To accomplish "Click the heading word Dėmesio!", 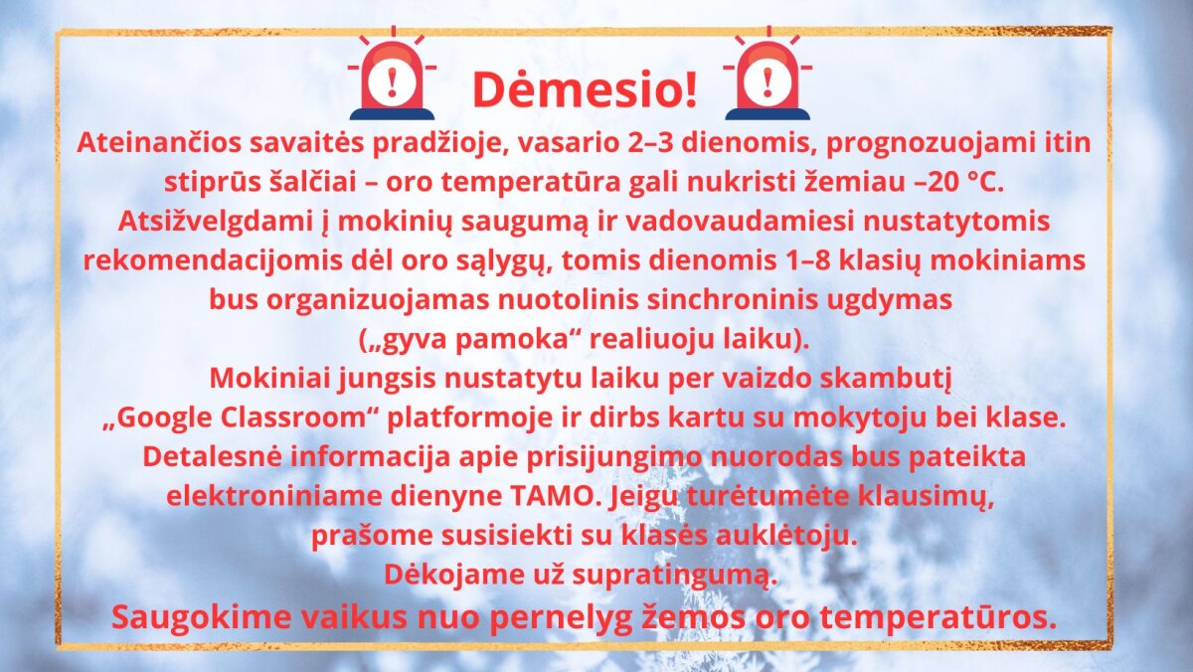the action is coord(585,88).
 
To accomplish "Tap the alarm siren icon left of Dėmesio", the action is coord(392,73).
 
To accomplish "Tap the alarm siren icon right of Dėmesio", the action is coord(767,73).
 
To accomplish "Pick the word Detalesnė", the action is coord(212,457).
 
